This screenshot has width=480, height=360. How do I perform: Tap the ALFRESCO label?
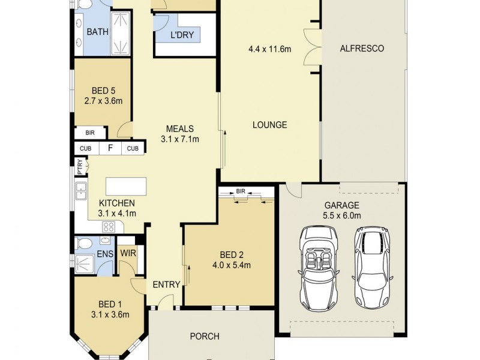click(x=361, y=49)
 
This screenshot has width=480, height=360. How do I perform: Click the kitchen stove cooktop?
click(x=110, y=227)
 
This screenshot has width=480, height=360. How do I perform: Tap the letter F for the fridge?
click(x=110, y=148)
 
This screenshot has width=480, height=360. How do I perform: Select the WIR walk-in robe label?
click(x=128, y=253)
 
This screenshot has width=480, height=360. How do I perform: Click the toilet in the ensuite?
click(x=85, y=243)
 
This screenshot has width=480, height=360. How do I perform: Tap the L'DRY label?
click(x=182, y=35)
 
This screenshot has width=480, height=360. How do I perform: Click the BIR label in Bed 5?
click(x=89, y=133)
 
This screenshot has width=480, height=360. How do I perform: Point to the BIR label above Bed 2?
click(x=241, y=191)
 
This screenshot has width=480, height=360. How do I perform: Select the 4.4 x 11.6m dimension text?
click(x=269, y=49)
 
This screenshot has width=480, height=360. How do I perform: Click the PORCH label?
click(x=205, y=336)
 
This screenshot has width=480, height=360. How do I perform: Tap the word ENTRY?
click(x=166, y=284)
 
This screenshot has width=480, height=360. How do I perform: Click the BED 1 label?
click(x=110, y=304)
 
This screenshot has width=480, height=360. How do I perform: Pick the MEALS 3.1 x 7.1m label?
click(x=179, y=133)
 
